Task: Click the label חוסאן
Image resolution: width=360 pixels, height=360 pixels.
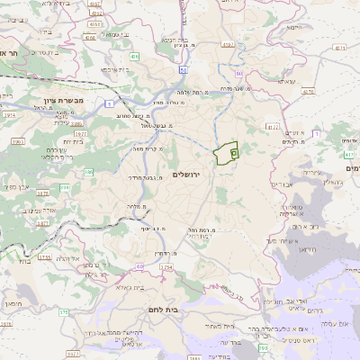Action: [8, 307]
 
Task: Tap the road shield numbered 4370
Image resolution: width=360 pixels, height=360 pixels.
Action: [309, 91]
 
